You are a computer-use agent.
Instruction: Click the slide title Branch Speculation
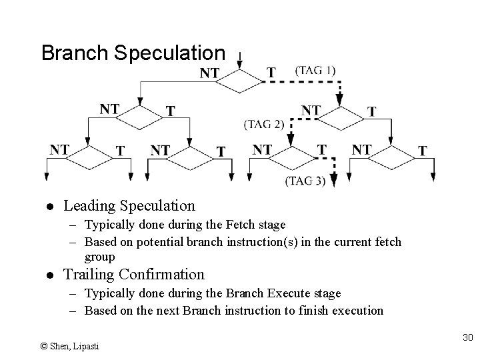pos(133,53)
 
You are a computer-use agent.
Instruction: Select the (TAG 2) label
pos(264,124)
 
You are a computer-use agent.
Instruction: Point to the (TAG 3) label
pos(305,180)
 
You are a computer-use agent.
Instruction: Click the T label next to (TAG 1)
pos(271,72)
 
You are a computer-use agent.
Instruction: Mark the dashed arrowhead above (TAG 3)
pos(333,179)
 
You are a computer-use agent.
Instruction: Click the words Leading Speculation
pos(129,206)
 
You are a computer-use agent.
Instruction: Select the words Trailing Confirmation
pos(133,274)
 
